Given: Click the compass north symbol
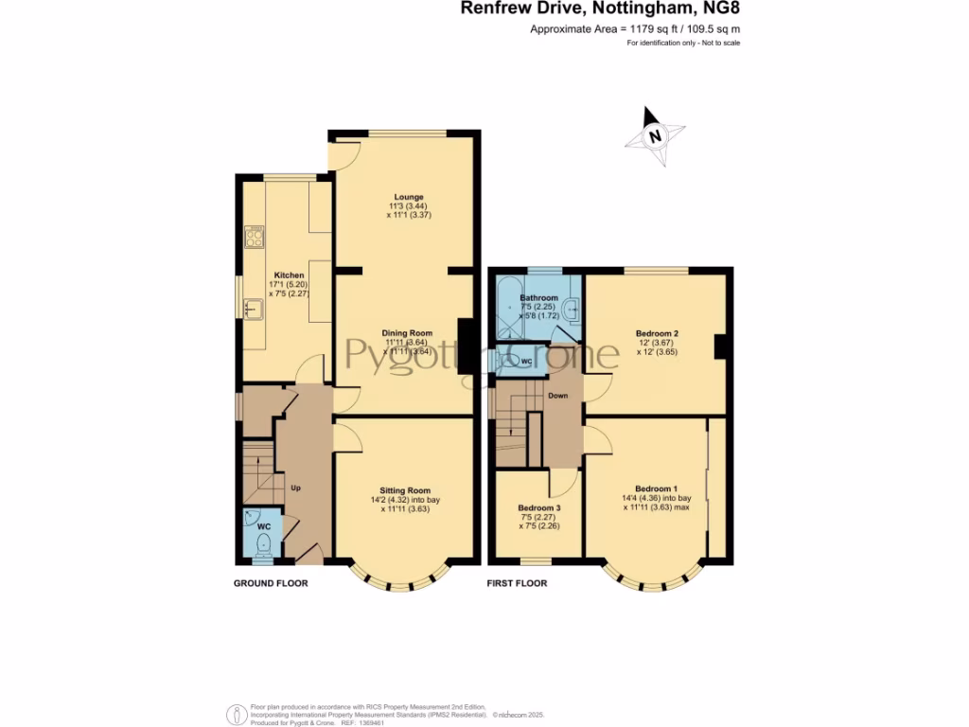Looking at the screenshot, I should coord(655,135).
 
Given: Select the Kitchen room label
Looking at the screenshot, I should coord(289,275).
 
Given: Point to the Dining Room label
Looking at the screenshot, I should coord(407,333).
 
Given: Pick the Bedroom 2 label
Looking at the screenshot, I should coord(657,333).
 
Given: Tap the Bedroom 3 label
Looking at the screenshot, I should coord(538,507).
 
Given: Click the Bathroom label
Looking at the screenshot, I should coord(538,298).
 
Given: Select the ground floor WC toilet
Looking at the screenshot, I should coord(263,542).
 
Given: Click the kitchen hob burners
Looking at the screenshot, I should coord(254,236).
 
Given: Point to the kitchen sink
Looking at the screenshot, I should coord(253,308).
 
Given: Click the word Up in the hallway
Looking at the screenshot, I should coord(295,488).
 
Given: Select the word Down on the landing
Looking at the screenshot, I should coord(558,396).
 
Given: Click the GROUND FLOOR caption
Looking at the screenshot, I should coord(271,583).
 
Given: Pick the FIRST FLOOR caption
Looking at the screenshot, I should coord(517,583).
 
